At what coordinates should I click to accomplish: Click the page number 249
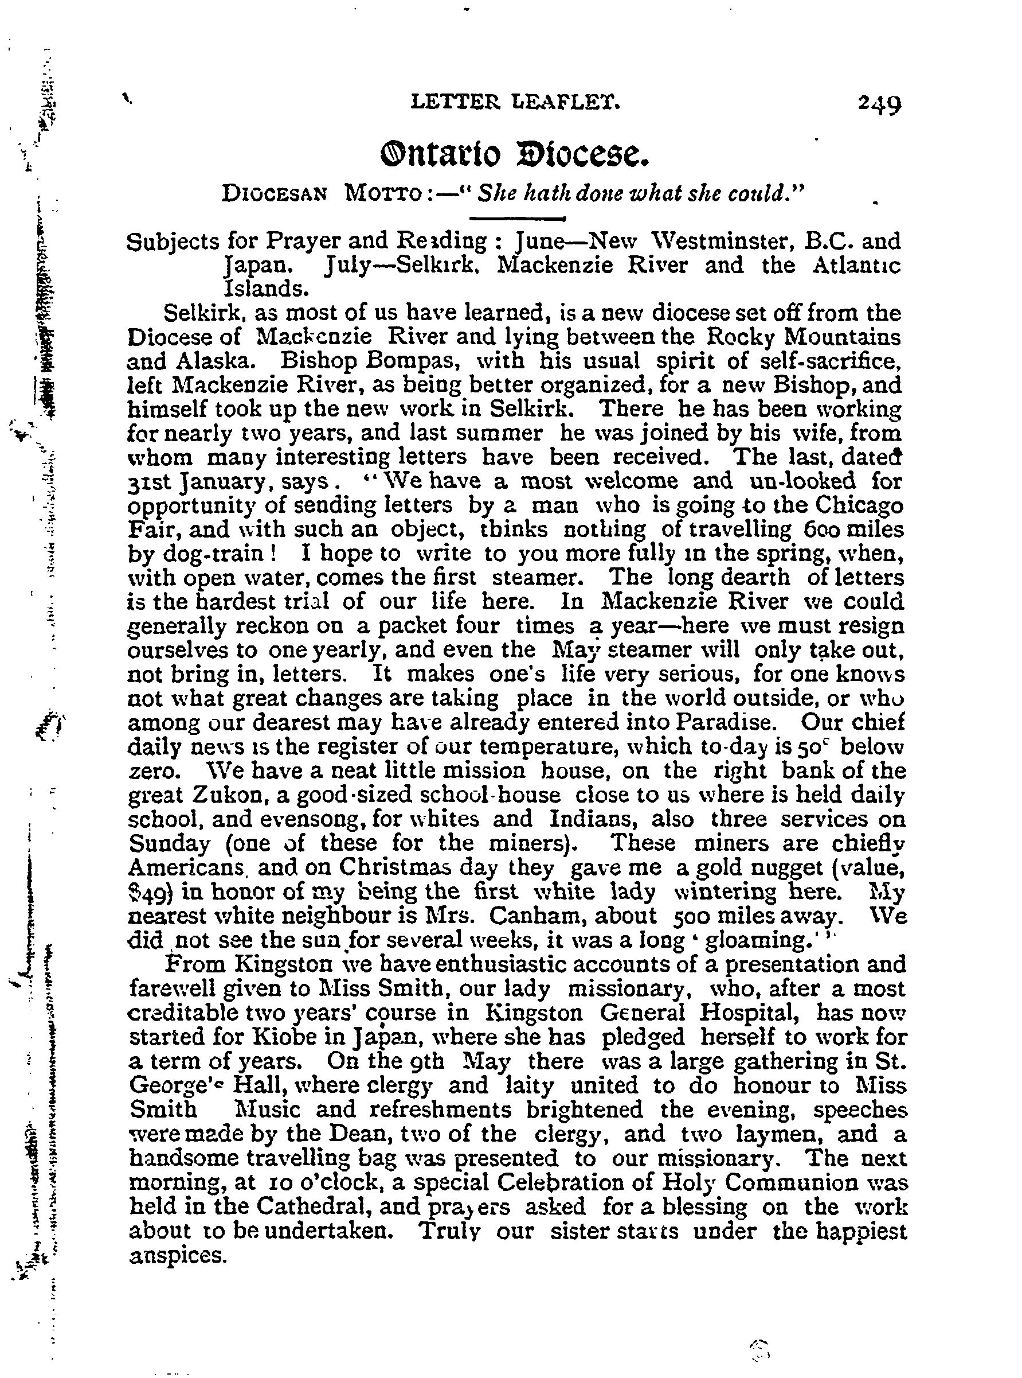click(879, 103)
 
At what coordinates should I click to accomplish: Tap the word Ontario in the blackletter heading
click(440, 155)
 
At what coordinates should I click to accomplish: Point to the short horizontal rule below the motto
click(518, 218)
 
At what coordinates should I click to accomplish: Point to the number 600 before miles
click(825, 530)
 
